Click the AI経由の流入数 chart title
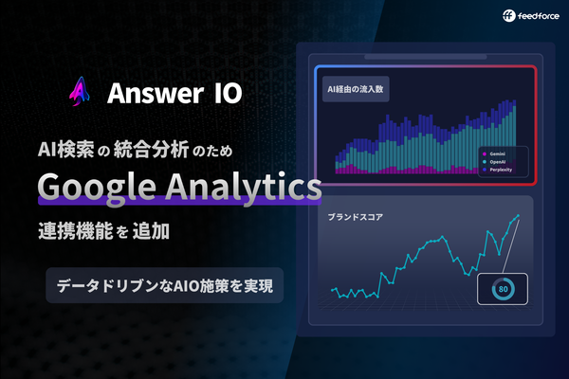pos(355,91)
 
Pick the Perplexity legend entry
pos(506,171)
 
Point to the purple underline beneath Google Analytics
pos(180,203)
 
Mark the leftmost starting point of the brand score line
pos(332,290)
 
